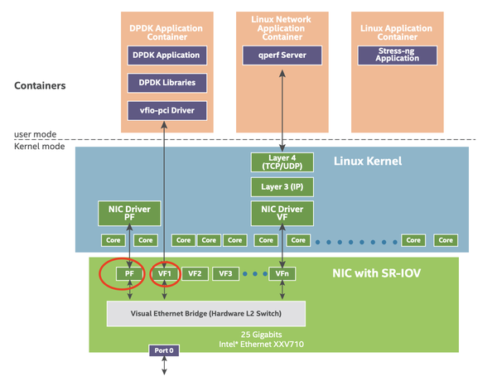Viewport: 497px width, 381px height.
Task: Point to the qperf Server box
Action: pyautogui.click(x=283, y=55)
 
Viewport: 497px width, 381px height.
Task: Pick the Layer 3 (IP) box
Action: pyautogui.click(x=283, y=187)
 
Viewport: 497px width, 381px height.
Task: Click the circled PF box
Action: pyautogui.click(x=129, y=272)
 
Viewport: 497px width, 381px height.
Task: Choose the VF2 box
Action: pyautogui.click(x=195, y=272)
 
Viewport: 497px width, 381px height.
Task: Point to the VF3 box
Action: pyautogui.click(x=226, y=272)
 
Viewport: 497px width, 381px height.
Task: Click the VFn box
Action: pyautogui.click(x=283, y=272)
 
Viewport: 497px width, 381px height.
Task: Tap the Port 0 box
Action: pyautogui.click(x=164, y=350)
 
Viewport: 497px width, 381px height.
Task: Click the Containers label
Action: pyautogui.click(x=40, y=85)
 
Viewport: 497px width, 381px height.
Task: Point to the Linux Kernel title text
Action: pyautogui.click(x=367, y=161)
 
